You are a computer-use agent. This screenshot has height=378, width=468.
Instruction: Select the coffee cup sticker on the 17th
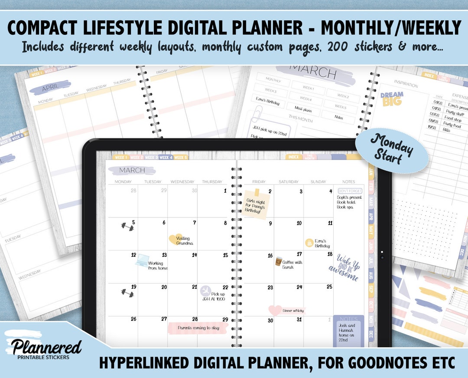[279, 261]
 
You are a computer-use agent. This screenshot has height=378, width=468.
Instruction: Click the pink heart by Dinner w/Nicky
[275, 310]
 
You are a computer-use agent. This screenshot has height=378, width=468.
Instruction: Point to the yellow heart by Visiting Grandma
[175, 239]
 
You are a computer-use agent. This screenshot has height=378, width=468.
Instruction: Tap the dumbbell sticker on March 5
[127, 226]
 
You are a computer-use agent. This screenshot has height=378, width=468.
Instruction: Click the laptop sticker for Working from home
[142, 260]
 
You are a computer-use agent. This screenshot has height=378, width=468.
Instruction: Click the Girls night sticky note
[256, 203]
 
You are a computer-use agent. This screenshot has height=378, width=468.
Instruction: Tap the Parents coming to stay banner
[198, 328]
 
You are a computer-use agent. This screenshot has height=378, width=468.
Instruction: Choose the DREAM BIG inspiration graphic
[392, 99]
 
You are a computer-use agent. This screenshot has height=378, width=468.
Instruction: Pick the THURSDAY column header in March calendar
[212, 182]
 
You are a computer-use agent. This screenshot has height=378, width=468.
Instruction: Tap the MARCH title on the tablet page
[132, 170]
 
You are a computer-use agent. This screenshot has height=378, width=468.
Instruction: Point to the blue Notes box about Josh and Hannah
[348, 331]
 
